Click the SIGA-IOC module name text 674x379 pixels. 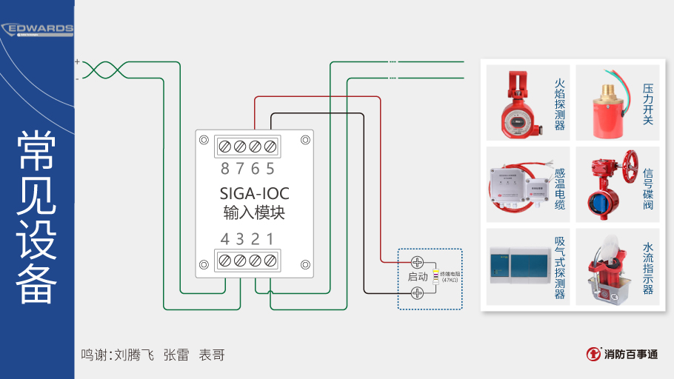[254, 194]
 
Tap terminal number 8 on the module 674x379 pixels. [225, 169]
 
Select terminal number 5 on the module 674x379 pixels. [270, 169]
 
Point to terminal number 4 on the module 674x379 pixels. [225, 239]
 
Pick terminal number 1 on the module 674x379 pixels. [270, 239]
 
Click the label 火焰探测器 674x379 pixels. [559, 104]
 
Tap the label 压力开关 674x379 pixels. [648, 104]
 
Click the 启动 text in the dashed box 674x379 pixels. [418, 277]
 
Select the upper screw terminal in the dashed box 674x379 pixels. [417, 262]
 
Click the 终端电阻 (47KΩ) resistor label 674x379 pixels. [450, 277]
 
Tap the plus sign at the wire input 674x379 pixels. [77, 62]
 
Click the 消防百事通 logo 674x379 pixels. [622, 355]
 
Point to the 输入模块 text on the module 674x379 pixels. [254, 213]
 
